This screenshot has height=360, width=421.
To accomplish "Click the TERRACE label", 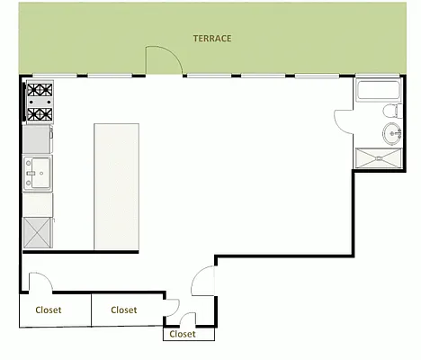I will tap(212, 39).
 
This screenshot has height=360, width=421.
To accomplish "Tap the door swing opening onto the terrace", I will tap(164, 60).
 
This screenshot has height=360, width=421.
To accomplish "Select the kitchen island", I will tap(116, 186).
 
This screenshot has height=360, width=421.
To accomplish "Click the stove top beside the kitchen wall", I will tap(39, 103).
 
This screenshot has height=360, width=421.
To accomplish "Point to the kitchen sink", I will tap(38, 172).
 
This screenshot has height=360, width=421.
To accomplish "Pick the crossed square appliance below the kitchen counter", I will tap(38, 233).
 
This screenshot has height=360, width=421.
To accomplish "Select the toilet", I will tap(390, 112).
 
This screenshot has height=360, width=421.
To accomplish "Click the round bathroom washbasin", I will tap(394, 135).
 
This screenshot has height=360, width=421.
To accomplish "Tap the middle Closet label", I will tap(123, 310).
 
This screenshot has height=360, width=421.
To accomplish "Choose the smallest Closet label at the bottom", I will tap(183, 334).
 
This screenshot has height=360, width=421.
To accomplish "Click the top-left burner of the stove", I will tap(32, 91).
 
